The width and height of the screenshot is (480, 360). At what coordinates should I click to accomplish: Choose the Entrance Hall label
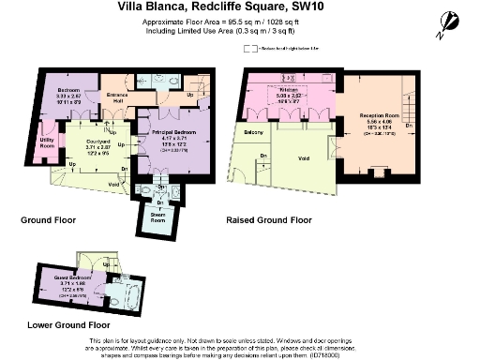tap(117, 97)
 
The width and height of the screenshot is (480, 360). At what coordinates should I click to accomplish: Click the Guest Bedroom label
tap(70, 283)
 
